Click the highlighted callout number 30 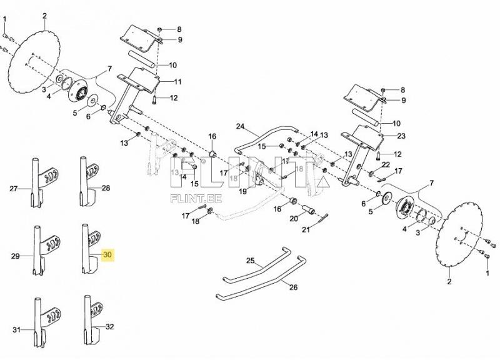pos(107,255)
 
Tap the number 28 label pos(106,188)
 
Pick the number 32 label pos(109,326)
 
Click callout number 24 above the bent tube pos(241,126)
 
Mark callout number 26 pos(292,288)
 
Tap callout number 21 pos(306,230)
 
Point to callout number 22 pos(386,164)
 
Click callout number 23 pos(401,136)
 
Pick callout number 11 pos(177,82)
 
